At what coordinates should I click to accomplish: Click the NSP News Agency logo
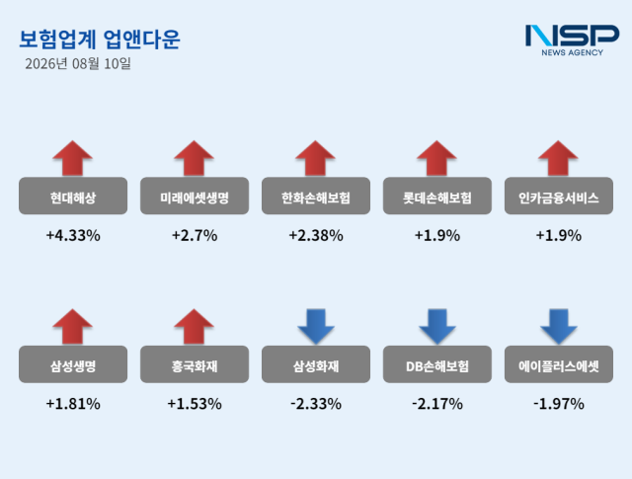(572, 40)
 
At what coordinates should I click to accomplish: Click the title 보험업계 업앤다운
(100, 40)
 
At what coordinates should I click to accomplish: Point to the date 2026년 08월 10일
(78, 64)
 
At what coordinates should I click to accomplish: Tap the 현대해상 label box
(73, 196)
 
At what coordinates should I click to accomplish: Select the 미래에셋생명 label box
(195, 196)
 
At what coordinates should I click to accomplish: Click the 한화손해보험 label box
(316, 196)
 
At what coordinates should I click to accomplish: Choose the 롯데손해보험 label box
(437, 196)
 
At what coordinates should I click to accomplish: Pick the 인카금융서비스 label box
(559, 196)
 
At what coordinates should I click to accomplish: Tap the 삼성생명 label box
(73, 364)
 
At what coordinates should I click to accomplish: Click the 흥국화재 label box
(195, 364)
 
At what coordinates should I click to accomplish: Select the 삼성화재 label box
(316, 364)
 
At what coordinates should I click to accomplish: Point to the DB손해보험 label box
(437, 364)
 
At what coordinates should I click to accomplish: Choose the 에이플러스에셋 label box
(559, 364)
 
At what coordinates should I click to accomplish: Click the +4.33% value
(73, 235)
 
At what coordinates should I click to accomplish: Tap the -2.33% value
(316, 404)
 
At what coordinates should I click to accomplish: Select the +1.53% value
(195, 404)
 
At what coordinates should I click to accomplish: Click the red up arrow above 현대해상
(72, 158)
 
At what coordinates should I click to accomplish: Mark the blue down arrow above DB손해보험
(437, 327)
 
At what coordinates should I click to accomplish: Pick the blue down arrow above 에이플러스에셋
(559, 327)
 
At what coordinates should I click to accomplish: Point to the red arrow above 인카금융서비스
(558, 158)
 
